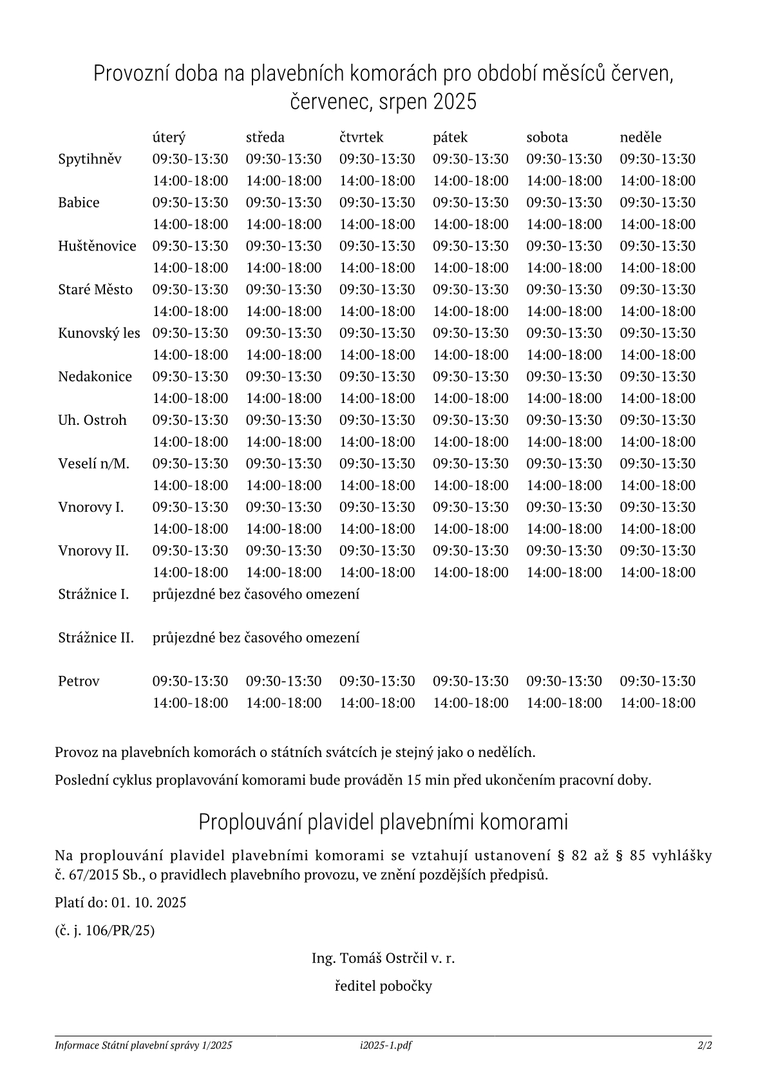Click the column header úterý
click(x=169, y=137)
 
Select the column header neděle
click(x=640, y=137)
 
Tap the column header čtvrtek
click(x=361, y=137)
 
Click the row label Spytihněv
click(x=90, y=159)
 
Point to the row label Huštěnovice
click(x=97, y=246)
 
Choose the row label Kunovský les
click(x=99, y=333)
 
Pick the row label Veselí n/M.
click(x=93, y=463)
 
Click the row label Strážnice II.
click(x=96, y=638)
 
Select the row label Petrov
click(x=79, y=681)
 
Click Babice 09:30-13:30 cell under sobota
click(x=564, y=202)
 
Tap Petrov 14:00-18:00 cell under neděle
click(x=658, y=703)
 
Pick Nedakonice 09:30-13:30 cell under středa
click(x=283, y=377)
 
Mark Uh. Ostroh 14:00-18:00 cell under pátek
click(x=471, y=442)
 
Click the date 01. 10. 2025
click(x=149, y=902)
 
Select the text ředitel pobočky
click(x=383, y=986)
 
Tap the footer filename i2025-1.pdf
click(x=386, y=1045)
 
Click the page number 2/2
click(x=705, y=1045)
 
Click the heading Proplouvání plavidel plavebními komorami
click(x=383, y=822)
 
